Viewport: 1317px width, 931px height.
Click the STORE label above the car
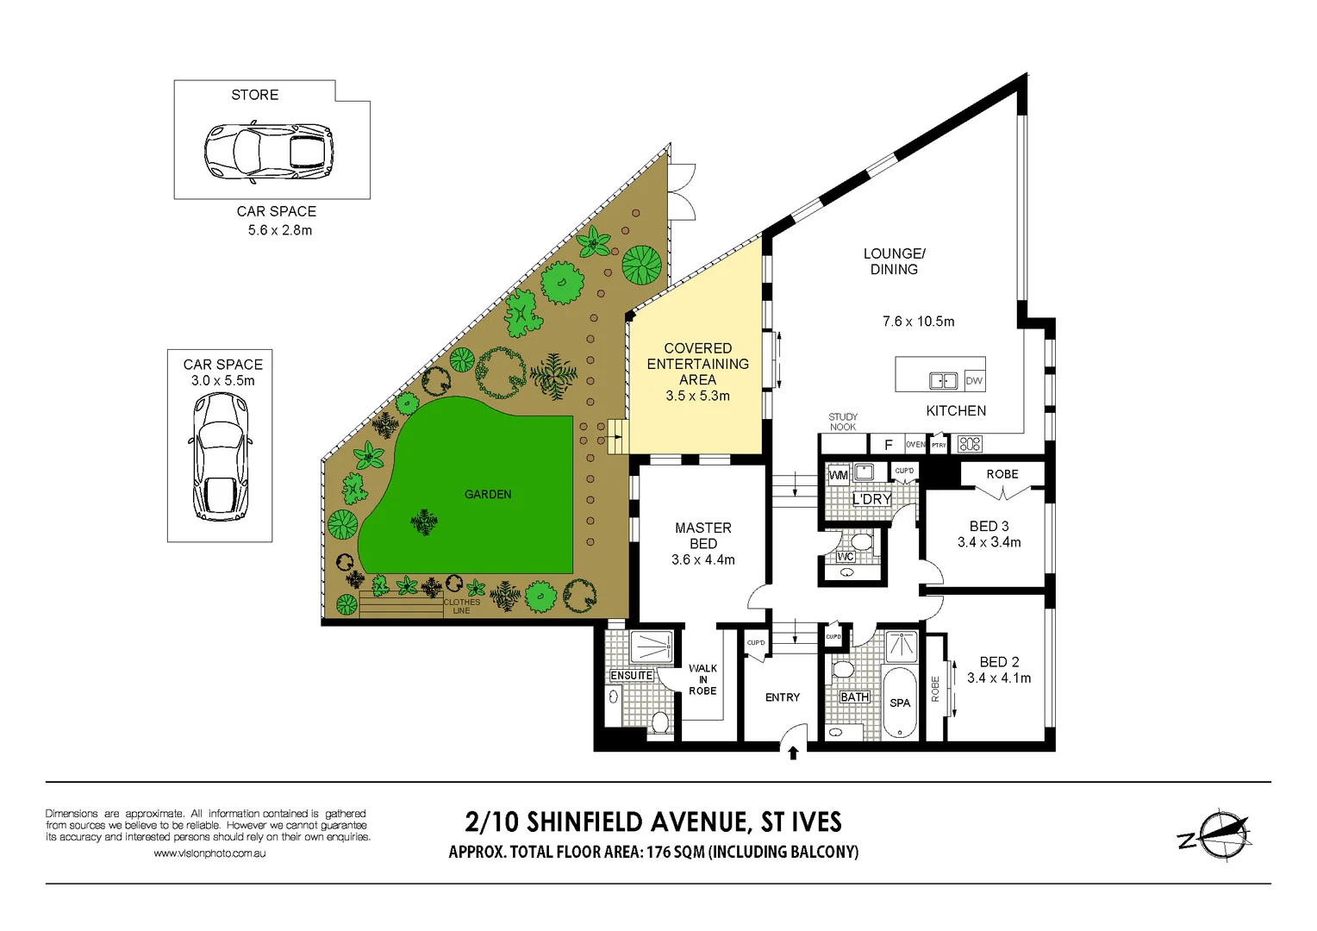click(x=254, y=95)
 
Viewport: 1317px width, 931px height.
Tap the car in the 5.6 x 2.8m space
click(x=268, y=153)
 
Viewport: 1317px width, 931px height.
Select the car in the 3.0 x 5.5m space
click(x=221, y=457)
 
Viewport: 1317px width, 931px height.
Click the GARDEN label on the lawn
click(x=488, y=494)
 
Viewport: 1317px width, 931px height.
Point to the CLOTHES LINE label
click(x=462, y=606)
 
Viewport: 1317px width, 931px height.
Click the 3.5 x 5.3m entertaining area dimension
click(x=697, y=396)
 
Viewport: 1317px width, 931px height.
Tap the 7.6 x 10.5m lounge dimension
click(x=918, y=322)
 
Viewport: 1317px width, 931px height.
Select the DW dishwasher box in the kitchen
click(x=974, y=380)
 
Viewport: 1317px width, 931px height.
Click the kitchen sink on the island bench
click(x=943, y=380)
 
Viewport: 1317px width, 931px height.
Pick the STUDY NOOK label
click(x=843, y=422)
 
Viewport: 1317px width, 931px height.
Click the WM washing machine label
click(x=838, y=475)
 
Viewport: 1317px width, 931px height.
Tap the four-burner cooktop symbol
click(x=970, y=444)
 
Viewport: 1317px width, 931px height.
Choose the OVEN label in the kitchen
click(x=914, y=445)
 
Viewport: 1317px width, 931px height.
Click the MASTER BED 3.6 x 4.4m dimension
click(x=702, y=560)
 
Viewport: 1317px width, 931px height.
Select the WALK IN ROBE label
click(x=702, y=679)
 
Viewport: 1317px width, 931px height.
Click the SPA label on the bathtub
click(x=900, y=703)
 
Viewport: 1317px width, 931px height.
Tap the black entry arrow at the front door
click(x=793, y=753)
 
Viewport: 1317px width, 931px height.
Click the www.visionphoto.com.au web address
click(x=209, y=853)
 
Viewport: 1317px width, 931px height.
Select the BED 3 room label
click(x=989, y=526)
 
